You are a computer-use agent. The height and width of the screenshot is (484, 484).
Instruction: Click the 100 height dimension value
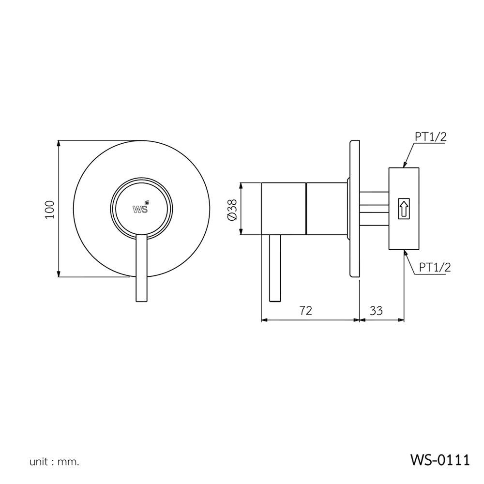49,209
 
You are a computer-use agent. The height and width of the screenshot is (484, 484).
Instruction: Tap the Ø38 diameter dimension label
231,209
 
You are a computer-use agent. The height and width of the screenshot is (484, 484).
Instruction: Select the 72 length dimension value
305,310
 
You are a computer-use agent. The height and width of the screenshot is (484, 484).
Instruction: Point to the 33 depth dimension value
376,310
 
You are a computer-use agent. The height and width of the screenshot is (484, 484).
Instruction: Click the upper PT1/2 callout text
430,137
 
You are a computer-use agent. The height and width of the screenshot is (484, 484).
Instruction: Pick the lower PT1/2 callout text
435,267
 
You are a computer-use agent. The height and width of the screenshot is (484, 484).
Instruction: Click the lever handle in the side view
275,269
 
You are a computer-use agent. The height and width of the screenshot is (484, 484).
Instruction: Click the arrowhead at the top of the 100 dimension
58,144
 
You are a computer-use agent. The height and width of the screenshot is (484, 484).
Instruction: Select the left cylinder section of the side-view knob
284,209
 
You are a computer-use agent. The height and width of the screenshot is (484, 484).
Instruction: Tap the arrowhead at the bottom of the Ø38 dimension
241,232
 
